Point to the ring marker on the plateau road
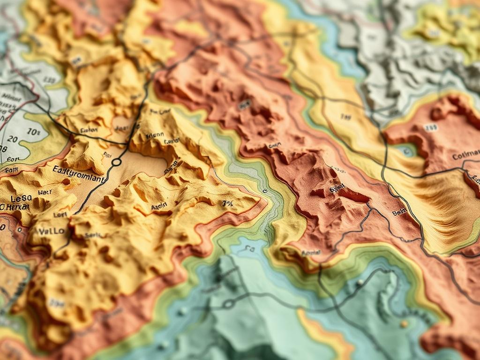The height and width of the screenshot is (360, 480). coord(116,162)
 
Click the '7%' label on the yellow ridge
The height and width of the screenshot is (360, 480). coord(227,203)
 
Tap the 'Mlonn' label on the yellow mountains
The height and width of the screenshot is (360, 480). coord(155,135)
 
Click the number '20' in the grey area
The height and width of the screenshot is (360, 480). coord(12,139)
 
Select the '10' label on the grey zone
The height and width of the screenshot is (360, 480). coord(34,132)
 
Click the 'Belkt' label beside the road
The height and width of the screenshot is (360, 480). coord(399,212)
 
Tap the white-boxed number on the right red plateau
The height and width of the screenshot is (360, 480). coord(430,127)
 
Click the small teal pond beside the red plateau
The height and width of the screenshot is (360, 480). coord(406,151)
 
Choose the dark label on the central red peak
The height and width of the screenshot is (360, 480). coord(337,188)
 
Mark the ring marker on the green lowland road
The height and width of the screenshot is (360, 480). coord(228,304)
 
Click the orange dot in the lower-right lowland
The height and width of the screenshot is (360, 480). coord(404,324)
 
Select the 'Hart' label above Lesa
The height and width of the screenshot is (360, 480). coord(45,192)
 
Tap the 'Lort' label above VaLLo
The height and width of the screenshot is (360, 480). coord(60,215)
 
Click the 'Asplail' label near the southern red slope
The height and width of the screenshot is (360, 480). coord(310,253)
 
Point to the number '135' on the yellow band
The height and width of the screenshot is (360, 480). coord(346,117)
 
